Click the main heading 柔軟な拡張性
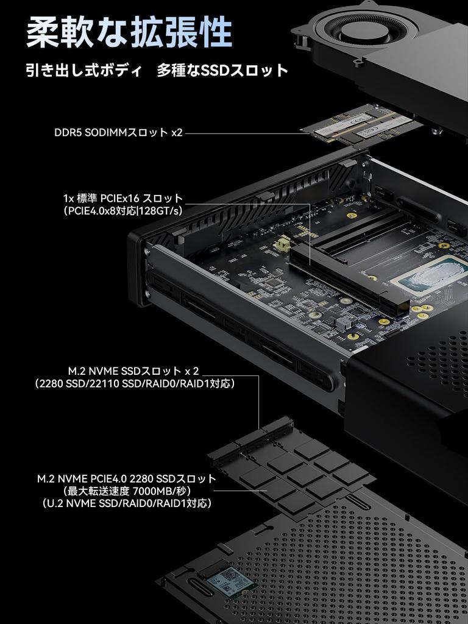click(129, 32)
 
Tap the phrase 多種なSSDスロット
click(222, 70)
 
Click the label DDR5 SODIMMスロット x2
click(118, 132)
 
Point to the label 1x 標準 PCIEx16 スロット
click(122, 198)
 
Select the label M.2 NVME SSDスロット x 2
click(133, 370)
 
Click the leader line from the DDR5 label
click(244, 132)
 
